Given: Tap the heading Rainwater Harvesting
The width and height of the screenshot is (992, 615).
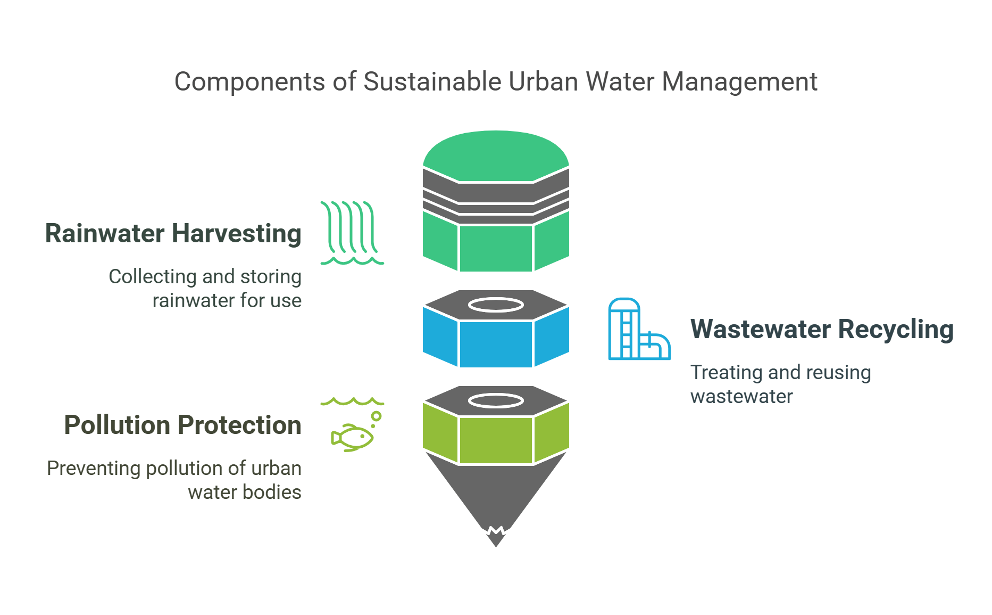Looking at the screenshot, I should coord(173,234).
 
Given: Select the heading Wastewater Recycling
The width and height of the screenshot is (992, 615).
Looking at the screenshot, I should coord(822,330).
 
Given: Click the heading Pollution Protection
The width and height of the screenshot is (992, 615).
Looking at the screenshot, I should coord(182,425).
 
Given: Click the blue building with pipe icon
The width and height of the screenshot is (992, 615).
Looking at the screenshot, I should coord(638,330).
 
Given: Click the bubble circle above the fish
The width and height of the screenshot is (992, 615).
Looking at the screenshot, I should coord(377,416).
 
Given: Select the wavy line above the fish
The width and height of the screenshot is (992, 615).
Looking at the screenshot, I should coord(352,401).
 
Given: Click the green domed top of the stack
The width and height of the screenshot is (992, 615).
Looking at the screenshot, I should coord(496,154).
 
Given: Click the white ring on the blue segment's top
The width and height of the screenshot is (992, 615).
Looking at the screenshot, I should coord(496,305).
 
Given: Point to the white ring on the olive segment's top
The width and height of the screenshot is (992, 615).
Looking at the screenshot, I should coord(496,400).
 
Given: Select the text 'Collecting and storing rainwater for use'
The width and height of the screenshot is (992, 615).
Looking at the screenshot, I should coord(205,289).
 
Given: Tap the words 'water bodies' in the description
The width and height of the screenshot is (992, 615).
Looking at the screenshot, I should coord(244,493).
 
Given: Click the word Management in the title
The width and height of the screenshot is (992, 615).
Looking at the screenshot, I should coord(739,82).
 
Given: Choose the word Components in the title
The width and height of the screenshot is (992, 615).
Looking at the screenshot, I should coord(249,82).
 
